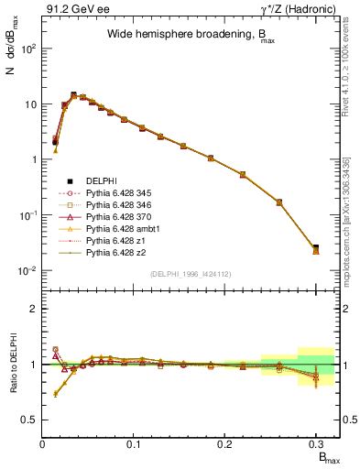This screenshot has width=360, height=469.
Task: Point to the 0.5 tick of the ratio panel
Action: (30, 420)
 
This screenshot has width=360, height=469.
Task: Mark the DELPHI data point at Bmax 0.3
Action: (316, 248)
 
